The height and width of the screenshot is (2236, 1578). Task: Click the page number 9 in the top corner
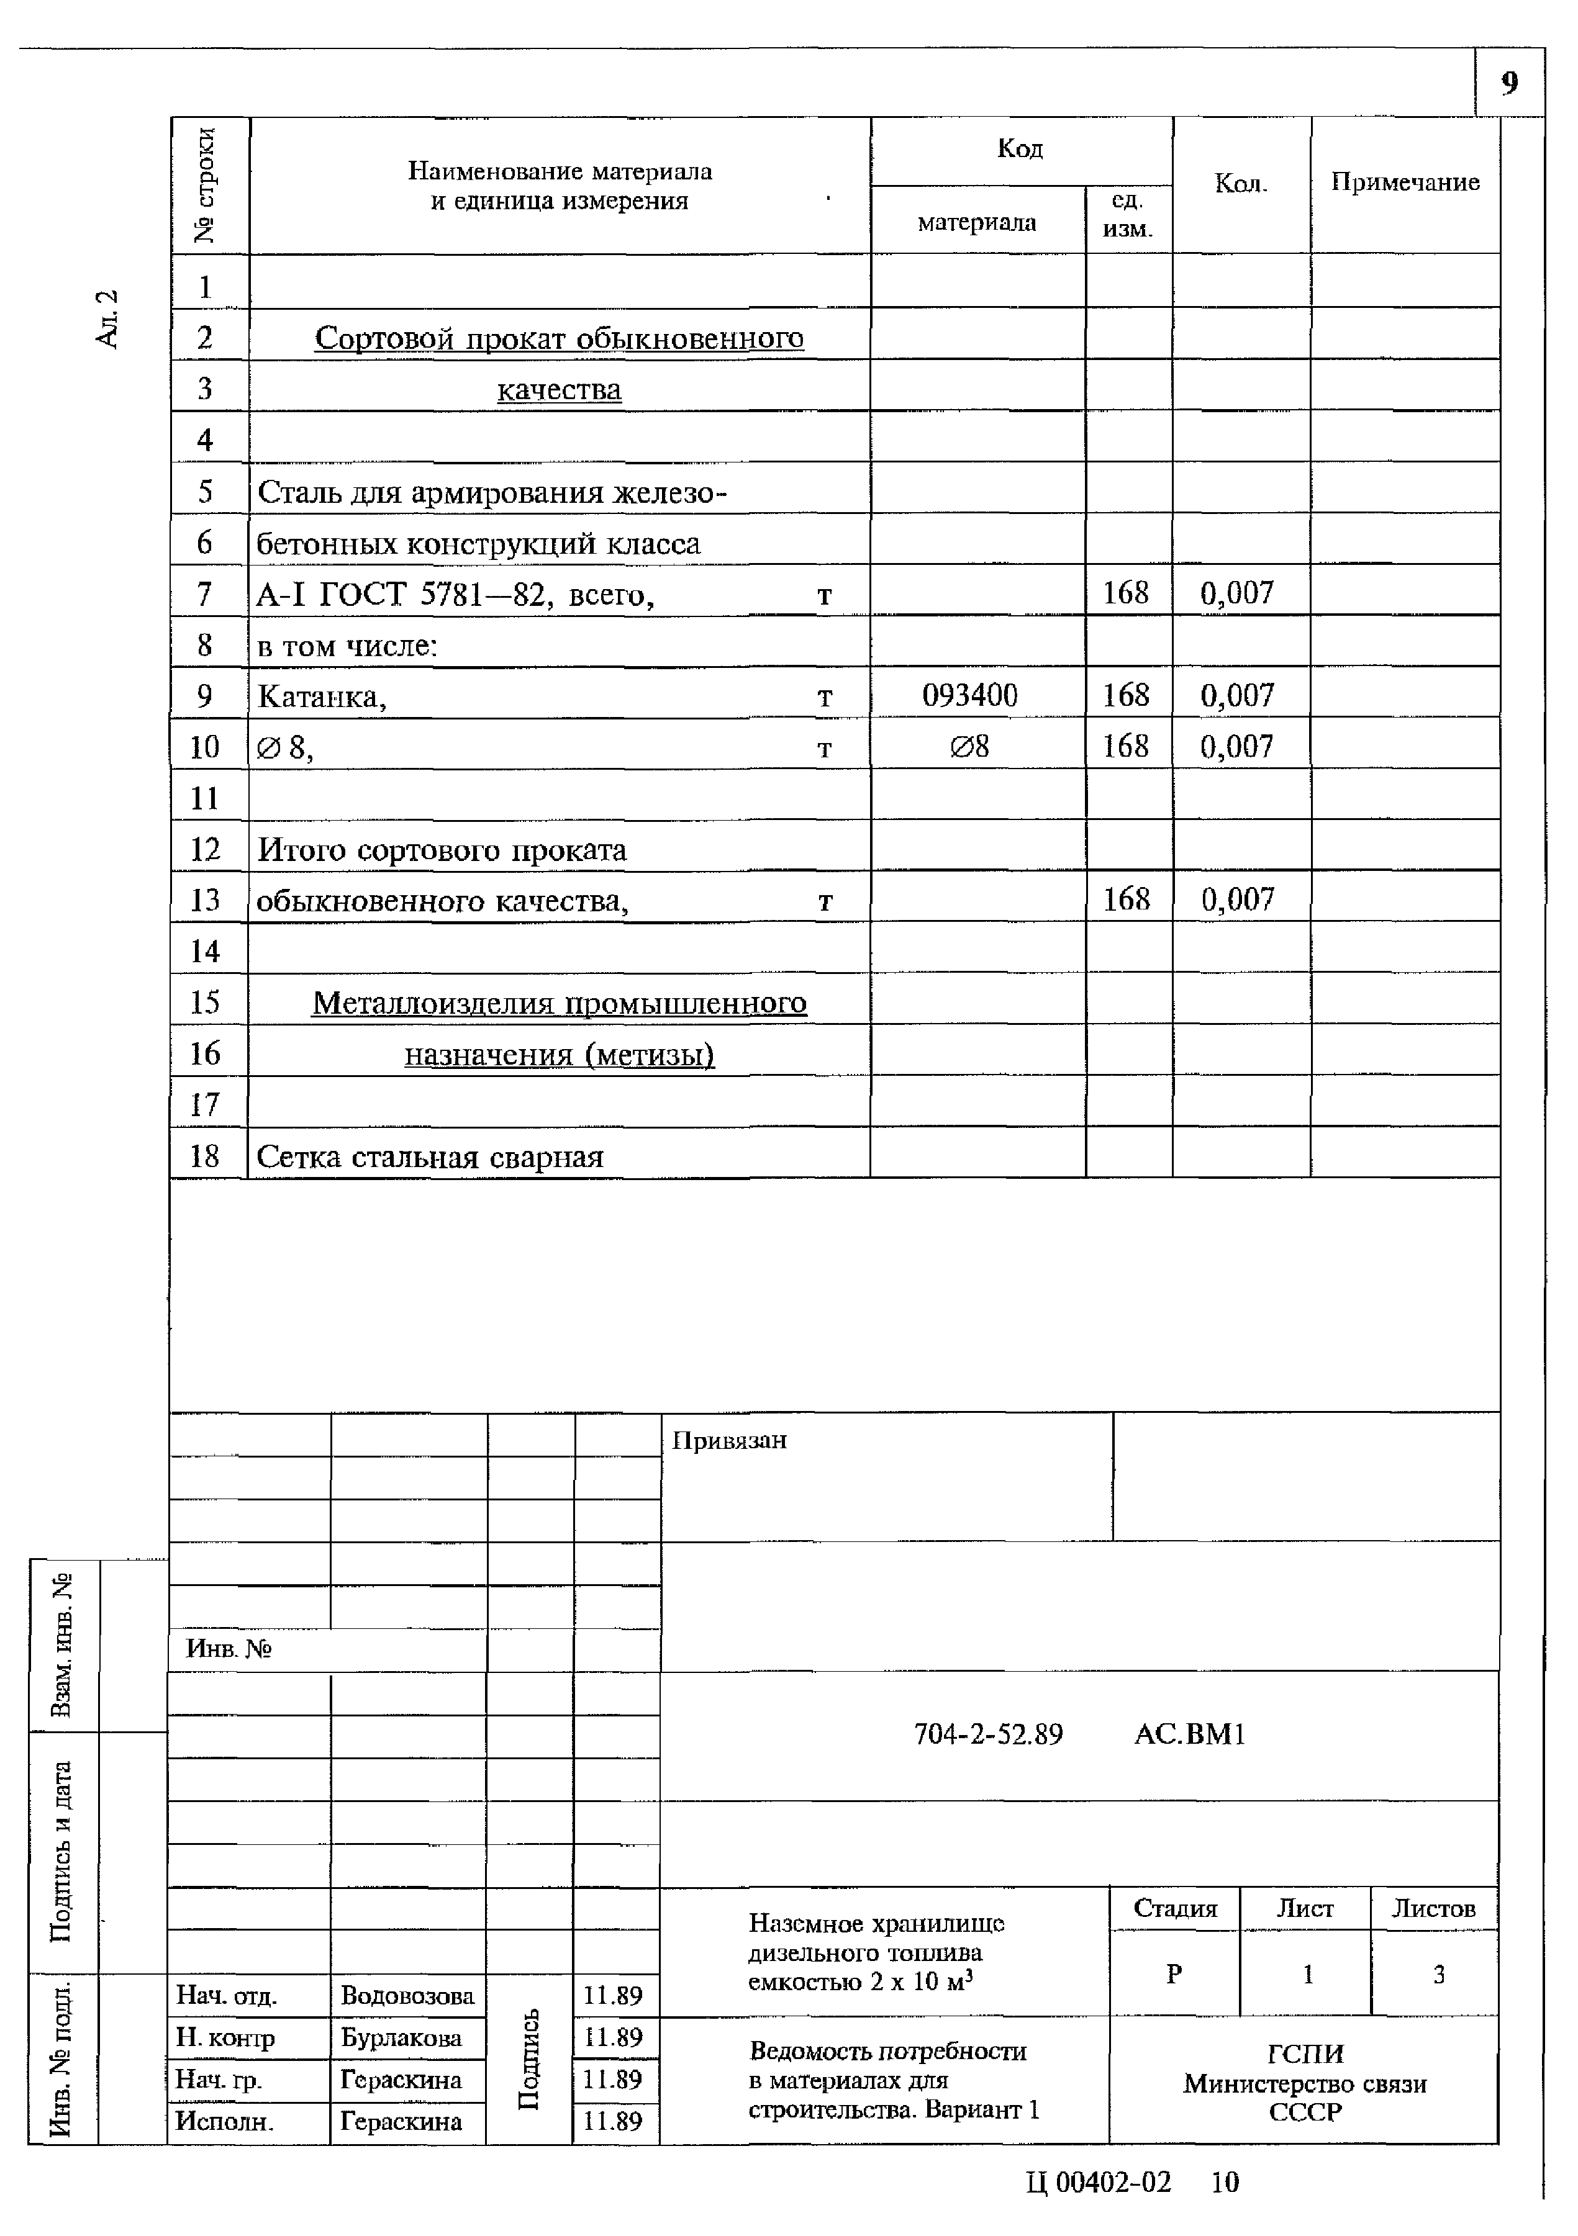pyautogui.click(x=1509, y=84)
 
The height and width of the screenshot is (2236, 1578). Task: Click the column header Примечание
pyautogui.click(x=1405, y=182)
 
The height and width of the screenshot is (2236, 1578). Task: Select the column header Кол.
pyautogui.click(x=1240, y=184)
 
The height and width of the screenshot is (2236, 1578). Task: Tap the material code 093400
pyautogui.click(x=969, y=695)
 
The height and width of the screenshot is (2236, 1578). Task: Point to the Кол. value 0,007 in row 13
pyautogui.click(x=1237, y=899)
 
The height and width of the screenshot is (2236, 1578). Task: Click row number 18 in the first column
pyautogui.click(x=204, y=1156)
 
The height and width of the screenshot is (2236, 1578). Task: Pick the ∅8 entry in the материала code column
pyautogui.click(x=969, y=747)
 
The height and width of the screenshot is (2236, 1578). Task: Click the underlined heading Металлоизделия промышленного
pyautogui.click(x=559, y=1003)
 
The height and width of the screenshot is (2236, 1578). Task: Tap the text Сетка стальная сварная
pyautogui.click(x=430, y=1158)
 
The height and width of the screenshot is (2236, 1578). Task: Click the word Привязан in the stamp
pyautogui.click(x=728, y=1440)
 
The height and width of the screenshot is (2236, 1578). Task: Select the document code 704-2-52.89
pyautogui.click(x=987, y=1734)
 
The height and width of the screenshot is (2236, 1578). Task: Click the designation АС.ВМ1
pyautogui.click(x=1189, y=1734)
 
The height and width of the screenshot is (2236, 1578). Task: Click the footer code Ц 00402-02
pyautogui.click(x=1098, y=2183)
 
